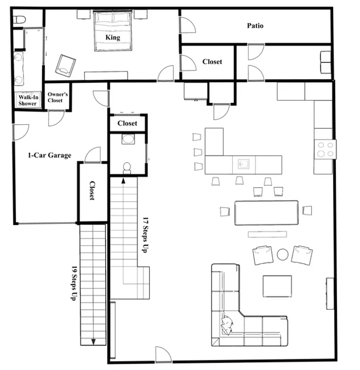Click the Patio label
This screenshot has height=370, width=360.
(x=255, y=25)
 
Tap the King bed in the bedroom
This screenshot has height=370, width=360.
(x=112, y=31)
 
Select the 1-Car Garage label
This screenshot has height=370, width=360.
(x=49, y=155)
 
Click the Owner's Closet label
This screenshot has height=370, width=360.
(x=57, y=97)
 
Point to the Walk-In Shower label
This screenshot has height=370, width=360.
(x=28, y=100)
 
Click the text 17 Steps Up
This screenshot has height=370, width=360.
(x=146, y=235)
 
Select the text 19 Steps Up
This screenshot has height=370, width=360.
(x=74, y=283)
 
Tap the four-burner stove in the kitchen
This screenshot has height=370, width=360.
(x=325, y=150)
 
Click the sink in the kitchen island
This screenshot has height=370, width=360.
(x=244, y=164)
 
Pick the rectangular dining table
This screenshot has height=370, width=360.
(x=266, y=213)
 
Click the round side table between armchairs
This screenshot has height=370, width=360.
(x=282, y=255)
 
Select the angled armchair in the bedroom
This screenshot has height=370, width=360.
(x=65, y=66)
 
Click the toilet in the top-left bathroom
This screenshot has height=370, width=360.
(x=20, y=20)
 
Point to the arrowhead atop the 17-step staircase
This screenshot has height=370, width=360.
(x=123, y=181)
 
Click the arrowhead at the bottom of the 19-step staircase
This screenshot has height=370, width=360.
(x=93, y=342)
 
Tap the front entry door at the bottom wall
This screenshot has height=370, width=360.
(x=163, y=354)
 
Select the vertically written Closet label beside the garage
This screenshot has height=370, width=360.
(x=92, y=191)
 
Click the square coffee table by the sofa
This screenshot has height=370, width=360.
(x=277, y=286)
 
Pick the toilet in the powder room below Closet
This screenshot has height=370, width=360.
(x=127, y=168)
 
